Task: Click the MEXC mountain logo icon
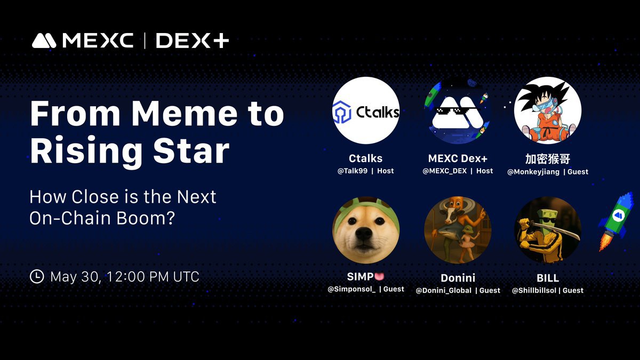coord(44,41)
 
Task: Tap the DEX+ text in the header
coord(193,41)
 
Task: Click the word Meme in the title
coord(185,114)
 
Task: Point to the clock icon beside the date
coord(37,276)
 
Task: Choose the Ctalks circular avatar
coord(366,110)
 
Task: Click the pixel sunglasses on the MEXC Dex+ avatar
coord(455,110)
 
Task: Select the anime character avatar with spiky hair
coord(548,110)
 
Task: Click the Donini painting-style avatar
coord(458,230)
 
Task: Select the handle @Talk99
coord(353,171)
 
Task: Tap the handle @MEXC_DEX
coord(445,171)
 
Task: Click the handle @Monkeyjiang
coord(533,172)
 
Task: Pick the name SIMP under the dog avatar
coord(361,277)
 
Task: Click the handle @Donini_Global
coord(443,291)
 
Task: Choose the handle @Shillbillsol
coord(534,291)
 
